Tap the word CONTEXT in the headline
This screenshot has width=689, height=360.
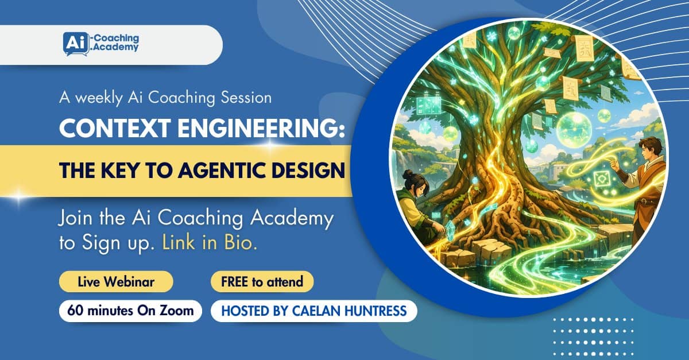pos(115,127)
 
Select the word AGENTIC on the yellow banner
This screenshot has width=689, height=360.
pos(222,170)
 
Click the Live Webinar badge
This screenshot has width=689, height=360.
pos(116,281)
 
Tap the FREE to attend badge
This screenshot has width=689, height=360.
pos(262,281)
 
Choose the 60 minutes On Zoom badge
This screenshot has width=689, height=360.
pos(130,311)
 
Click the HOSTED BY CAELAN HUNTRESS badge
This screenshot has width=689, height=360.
pos(313,311)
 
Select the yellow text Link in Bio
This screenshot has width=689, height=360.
pos(210,242)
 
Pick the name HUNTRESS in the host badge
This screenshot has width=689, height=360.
pos(376,311)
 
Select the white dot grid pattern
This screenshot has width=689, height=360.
pos(593,336)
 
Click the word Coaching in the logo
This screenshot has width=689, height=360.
pos(116,38)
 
